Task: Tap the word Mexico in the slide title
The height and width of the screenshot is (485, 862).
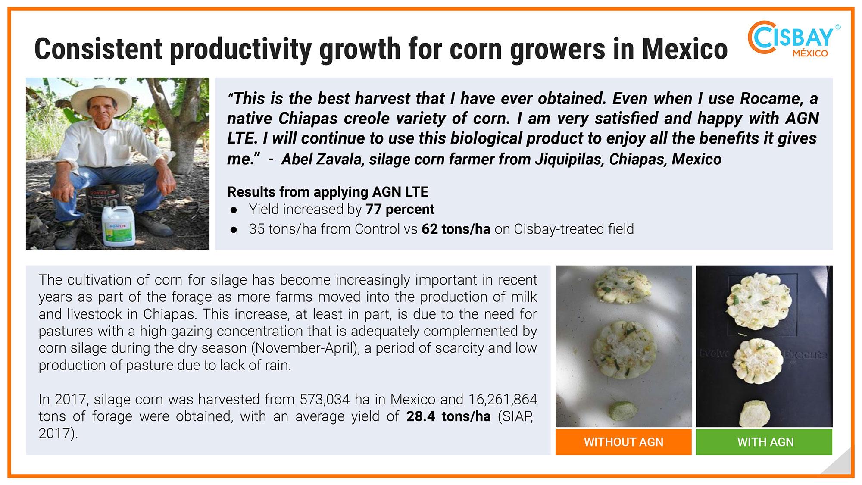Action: tap(685, 49)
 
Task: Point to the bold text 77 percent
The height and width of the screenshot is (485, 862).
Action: tap(400, 210)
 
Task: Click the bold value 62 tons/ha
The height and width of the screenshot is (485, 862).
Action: tap(456, 229)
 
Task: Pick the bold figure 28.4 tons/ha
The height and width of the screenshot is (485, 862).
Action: tap(449, 416)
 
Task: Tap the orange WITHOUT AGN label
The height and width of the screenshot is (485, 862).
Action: tap(624, 442)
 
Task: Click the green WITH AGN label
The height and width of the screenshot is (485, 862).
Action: tap(764, 442)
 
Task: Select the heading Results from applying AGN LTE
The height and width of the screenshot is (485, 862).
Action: tap(328, 192)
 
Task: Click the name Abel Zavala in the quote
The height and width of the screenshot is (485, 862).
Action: tap(322, 159)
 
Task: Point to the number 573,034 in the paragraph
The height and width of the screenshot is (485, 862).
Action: tap(325, 400)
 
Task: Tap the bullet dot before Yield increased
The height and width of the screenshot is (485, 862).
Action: tap(234, 210)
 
